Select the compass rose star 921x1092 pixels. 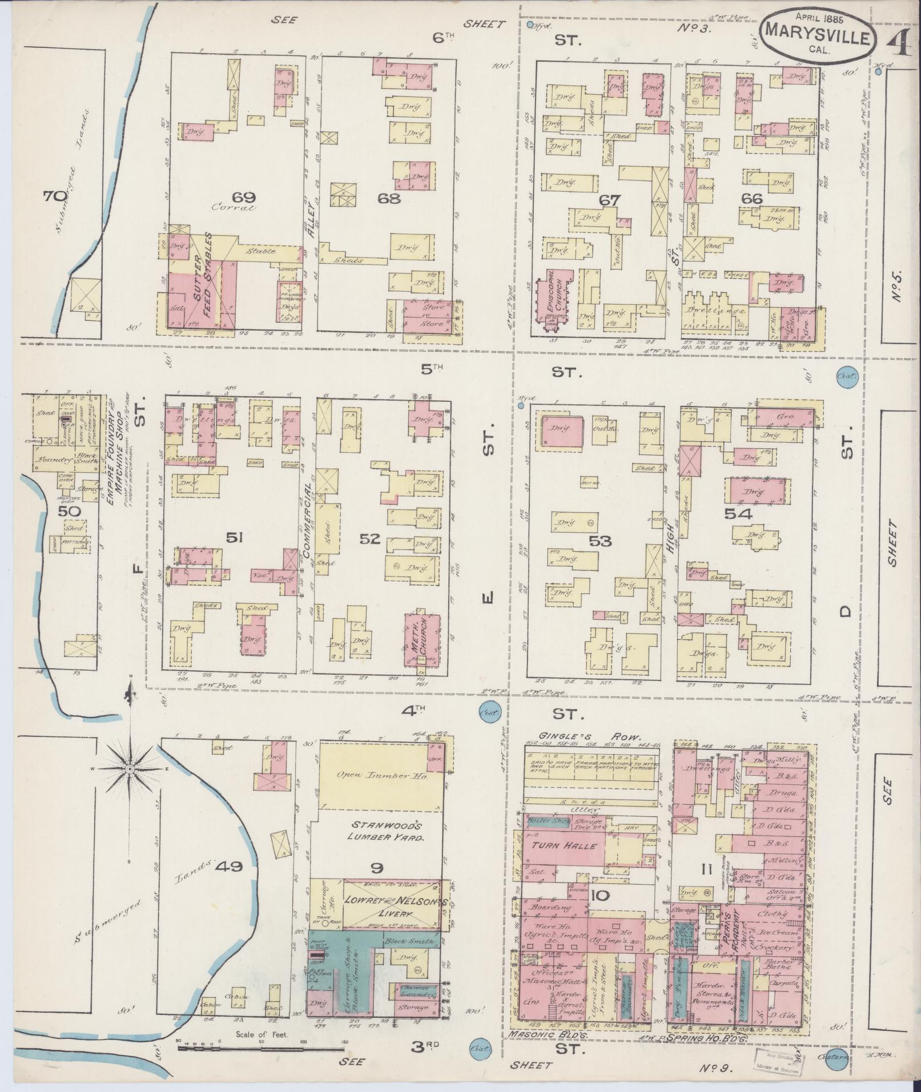click(x=130, y=769)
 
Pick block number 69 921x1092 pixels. click(x=243, y=198)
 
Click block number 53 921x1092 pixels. click(x=601, y=541)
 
